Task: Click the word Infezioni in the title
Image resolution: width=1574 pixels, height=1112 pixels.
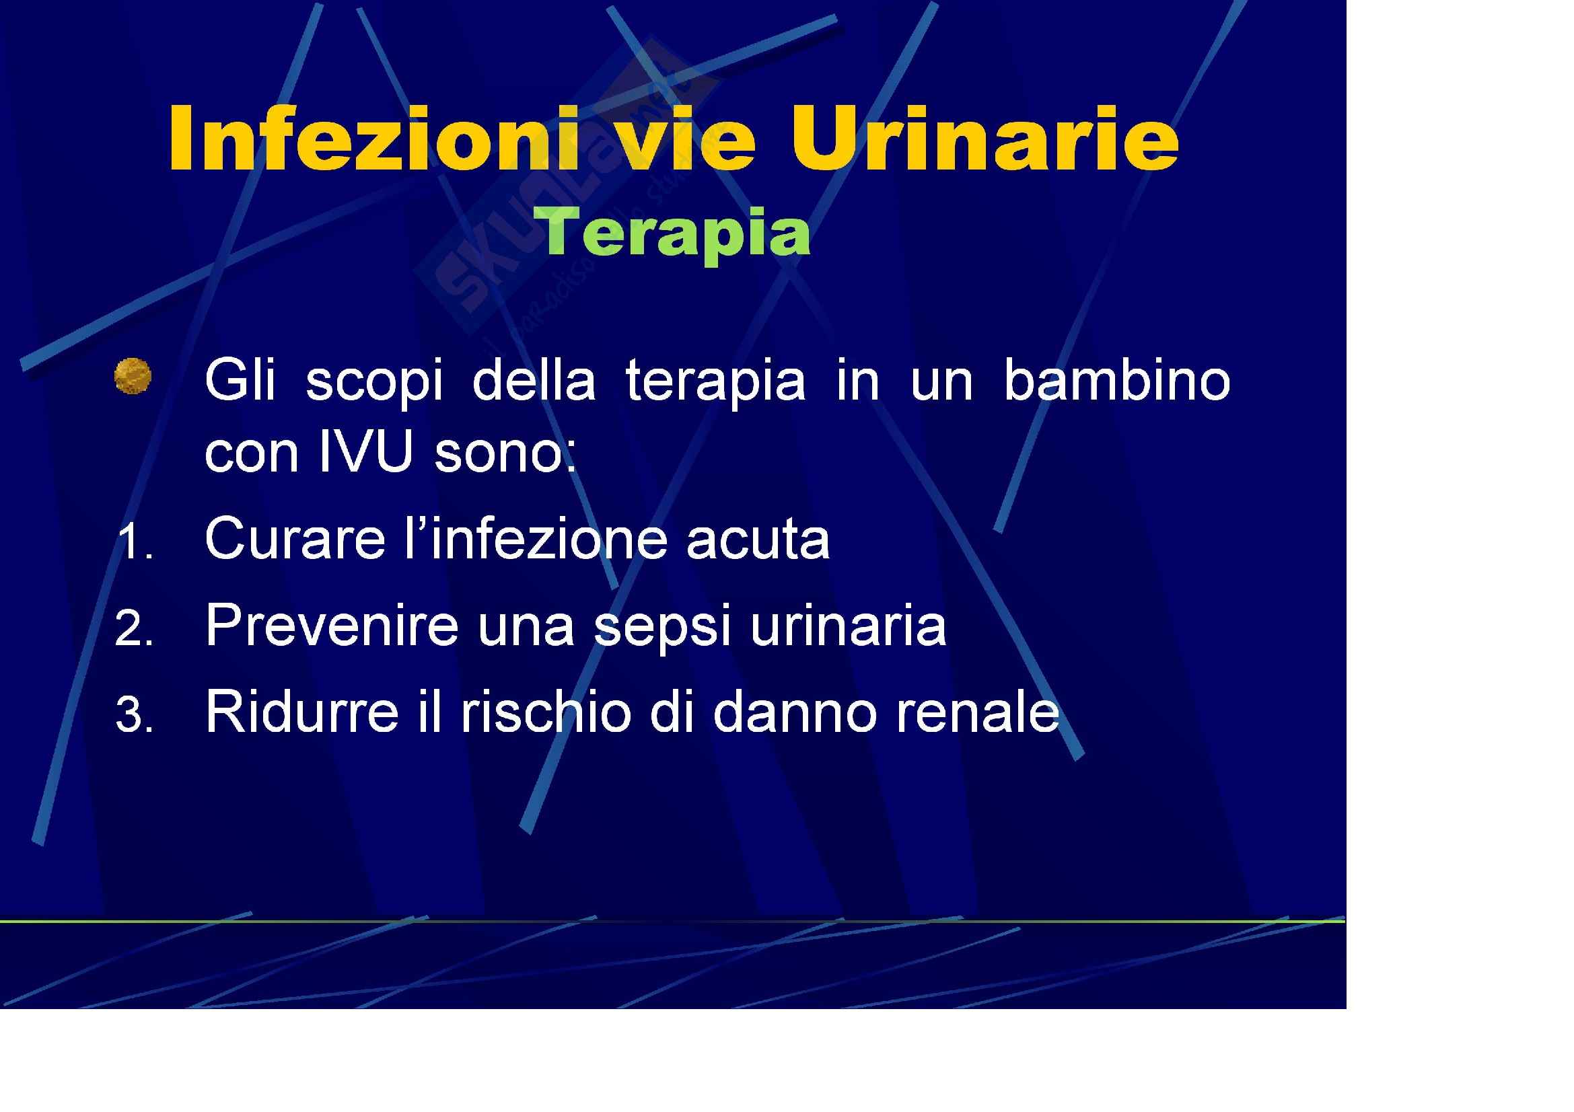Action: (x=372, y=139)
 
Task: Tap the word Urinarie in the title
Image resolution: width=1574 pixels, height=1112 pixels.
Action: (x=985, y=139)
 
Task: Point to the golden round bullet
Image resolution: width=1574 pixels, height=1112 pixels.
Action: (x=133, y=376)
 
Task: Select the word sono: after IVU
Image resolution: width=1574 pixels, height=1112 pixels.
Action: (x=506, y=453)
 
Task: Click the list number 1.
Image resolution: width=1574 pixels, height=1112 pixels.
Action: (x=135, y=542)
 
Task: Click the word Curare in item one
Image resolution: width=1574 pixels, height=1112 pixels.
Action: (x=295, y=538)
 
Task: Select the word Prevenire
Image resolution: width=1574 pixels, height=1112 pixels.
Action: (x=332, y=624)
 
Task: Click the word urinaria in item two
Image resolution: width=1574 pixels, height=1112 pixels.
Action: (x=849, y=625)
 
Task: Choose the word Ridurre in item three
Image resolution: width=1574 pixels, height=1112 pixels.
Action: (x=302, y=711)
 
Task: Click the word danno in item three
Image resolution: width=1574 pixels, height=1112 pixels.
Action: (x=795, y=711)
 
